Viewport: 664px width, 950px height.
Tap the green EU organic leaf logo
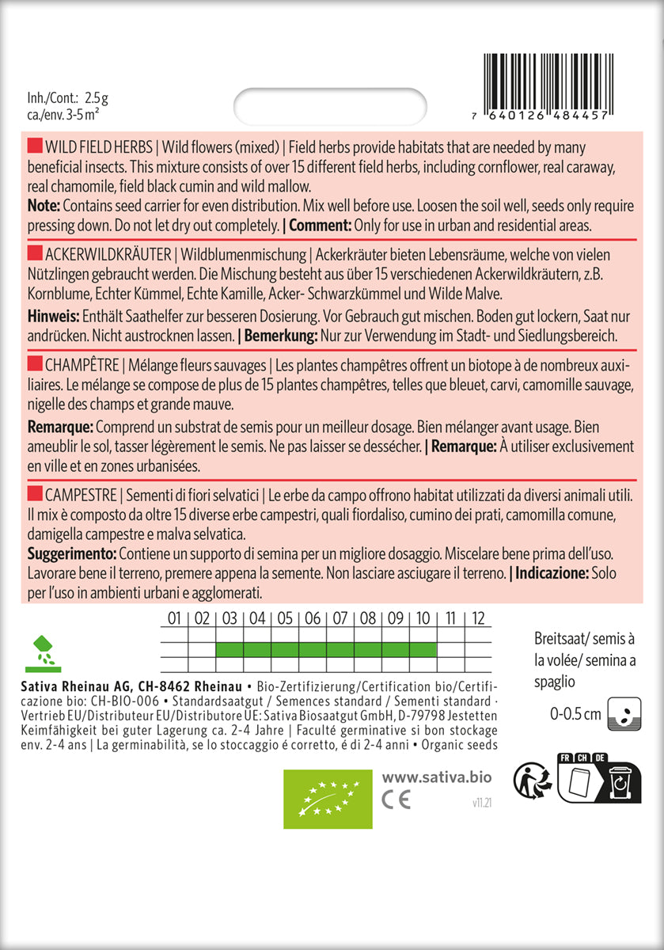tap(328, 798)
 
